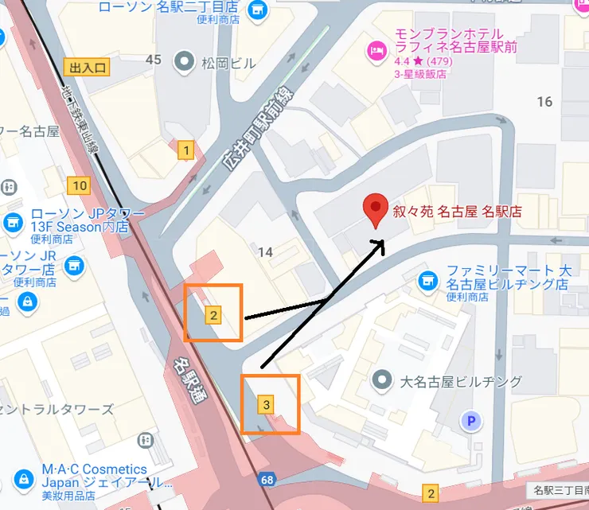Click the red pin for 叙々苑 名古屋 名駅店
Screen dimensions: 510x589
375,211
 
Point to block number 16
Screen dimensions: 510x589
544,101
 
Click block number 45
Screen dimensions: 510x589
154,60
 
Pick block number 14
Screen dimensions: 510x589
265,252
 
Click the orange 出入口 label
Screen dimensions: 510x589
86,68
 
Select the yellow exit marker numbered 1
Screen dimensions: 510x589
186,150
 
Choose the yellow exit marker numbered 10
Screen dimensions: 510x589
78,186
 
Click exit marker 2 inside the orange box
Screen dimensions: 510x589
213,315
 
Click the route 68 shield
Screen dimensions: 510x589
267,479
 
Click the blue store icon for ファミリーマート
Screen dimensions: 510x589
428,281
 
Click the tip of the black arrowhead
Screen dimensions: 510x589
384,238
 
